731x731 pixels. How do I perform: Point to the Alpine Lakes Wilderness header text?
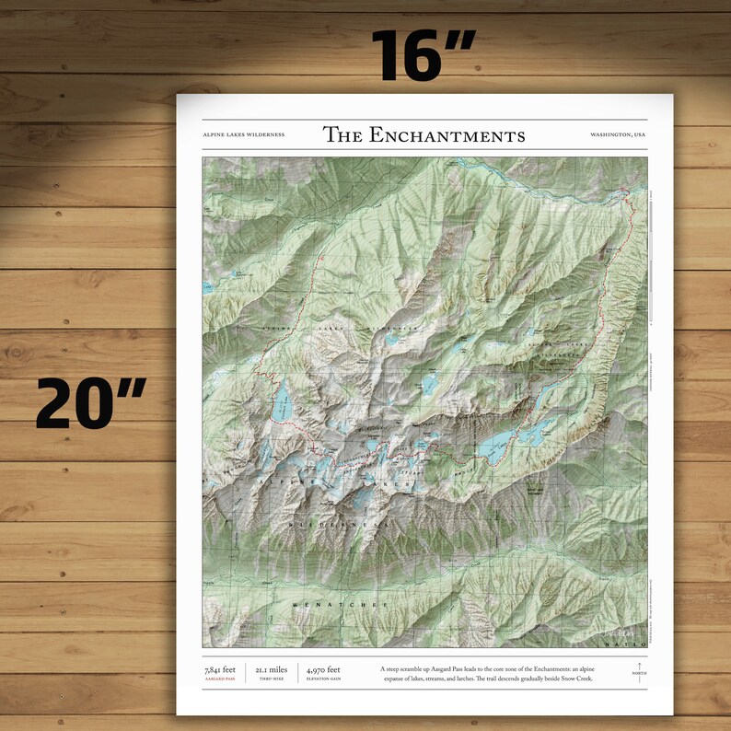[x=243, y=135]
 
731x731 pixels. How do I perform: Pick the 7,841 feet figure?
[x=221, y=669]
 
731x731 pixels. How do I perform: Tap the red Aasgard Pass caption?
[x=220, y=679]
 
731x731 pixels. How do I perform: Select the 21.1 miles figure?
[x=272, y=669]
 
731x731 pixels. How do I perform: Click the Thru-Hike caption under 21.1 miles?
[x=272, y=679]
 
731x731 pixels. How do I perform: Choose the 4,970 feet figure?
[x=323, y=669]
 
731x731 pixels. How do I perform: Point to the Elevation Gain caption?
[x=323, y=679]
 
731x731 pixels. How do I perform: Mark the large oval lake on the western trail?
[x=282, y=402]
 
